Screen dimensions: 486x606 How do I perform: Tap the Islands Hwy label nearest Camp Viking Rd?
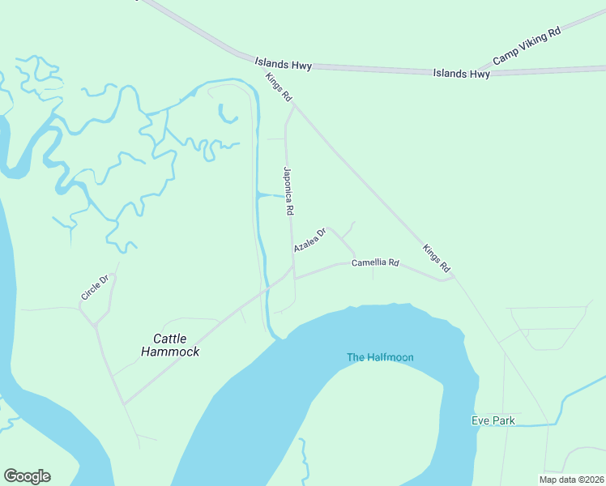(461, 74)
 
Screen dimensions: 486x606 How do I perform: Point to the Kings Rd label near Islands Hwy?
(279, 87)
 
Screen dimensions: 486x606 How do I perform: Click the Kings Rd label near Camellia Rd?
(436, 258)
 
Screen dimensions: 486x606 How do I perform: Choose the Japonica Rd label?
(288, 190)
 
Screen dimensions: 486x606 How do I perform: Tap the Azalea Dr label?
(309, 240)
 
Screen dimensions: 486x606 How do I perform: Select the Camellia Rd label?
(376, 262)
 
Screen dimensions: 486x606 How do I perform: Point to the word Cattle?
(170, 339)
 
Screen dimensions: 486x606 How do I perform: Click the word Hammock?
(170, 352)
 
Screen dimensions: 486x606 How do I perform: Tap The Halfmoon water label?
(380, 357)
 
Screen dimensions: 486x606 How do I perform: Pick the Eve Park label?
(493, 420)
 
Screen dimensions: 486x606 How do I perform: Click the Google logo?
(27, 476)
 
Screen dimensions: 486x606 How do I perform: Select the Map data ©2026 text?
(571, 480)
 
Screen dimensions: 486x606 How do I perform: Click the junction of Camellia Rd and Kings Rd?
(452, 278)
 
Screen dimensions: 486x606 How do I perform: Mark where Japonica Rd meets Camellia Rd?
(294, 278)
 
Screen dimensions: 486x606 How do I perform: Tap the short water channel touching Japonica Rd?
(271, 196)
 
